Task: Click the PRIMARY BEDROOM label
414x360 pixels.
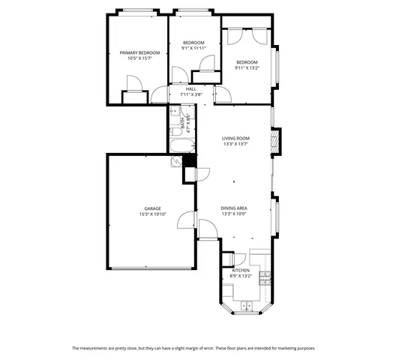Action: coord(139,52)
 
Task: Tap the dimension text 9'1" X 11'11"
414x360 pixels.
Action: coord(194,48)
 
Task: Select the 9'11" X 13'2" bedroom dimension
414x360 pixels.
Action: coord(247,67)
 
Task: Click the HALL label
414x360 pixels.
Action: coord(191,88)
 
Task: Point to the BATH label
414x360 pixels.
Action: coord(181,120)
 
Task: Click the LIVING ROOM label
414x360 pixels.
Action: coord(235,139)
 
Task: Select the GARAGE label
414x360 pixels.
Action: coord(152,208)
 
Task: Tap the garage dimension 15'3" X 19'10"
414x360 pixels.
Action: coord(152,214)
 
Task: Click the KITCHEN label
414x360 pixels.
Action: coord(240,270)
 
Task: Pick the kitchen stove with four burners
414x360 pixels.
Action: coord(264,280)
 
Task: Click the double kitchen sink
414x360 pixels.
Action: coord(247,304)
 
